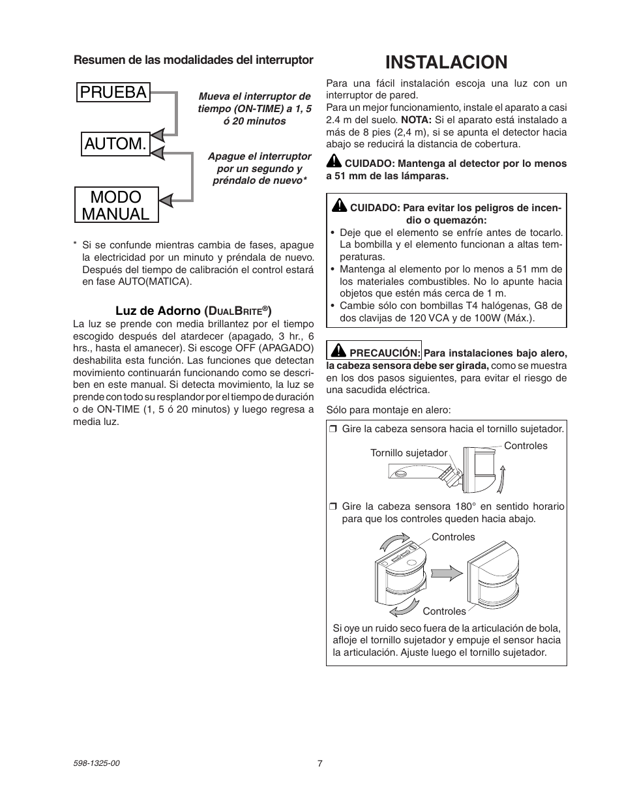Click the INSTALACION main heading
pos(446,62)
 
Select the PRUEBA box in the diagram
pos(113,92)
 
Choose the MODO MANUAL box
pos(116,205)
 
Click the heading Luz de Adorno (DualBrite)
pos(193,311)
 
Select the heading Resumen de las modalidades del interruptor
pos(193,60)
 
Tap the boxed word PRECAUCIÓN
pos(385,353)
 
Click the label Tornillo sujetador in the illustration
pos(409,453)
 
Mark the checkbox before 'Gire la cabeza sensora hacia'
pos(333,429)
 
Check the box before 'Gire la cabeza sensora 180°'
pos(333,506)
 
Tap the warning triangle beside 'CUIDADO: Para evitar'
pos(338,207)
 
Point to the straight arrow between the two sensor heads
pos(447,573)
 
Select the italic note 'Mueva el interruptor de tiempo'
pos(254,108)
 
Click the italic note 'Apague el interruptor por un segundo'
pos(259,168)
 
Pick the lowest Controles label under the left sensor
pos(444,611)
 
